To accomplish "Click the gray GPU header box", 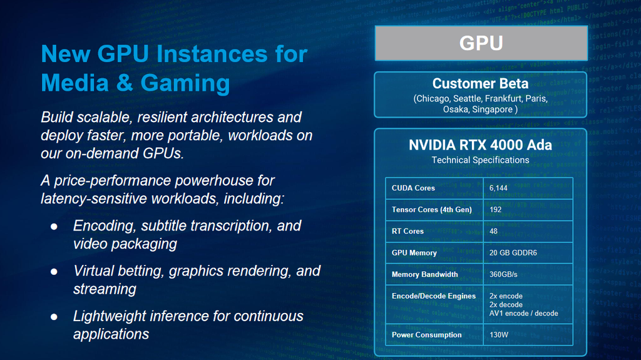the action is [481, 43].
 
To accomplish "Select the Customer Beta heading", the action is [480, 83].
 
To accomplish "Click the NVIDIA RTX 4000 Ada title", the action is [480, 145].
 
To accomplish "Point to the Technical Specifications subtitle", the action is [480, 160].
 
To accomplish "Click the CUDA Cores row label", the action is [413, 188].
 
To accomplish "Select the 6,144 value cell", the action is [498, 188].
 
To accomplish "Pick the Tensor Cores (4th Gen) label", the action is [432, 210].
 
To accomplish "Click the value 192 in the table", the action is [496, 210].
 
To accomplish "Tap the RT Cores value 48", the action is [493, 231].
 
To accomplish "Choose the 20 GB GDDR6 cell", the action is [513, 253].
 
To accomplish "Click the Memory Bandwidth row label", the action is [425, 274].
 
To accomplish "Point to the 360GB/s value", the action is [503, 274].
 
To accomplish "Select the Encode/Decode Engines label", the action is [434, 296].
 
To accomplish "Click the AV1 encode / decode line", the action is [524, 314].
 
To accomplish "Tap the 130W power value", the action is [499, 334].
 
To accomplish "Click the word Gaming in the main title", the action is [185, 84].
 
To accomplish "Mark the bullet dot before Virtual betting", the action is [54, 272].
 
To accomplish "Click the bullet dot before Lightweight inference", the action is [54, 317].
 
